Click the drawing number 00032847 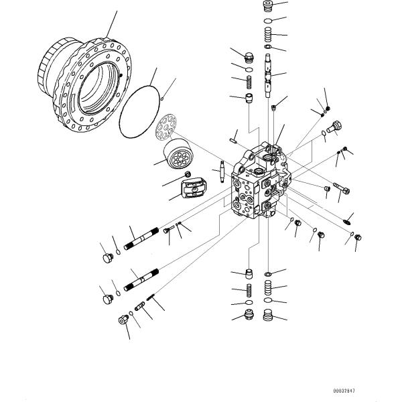click(x=344, y=391)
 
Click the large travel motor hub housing click(x=84, y=84)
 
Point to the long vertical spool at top click(x=267, y=75)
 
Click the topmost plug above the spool click(x=267, y=6)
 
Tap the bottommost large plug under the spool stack click(x=267, y=315)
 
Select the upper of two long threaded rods click(x=141, y=239)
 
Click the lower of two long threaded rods click(x=141, y=279)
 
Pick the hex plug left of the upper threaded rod click(x=108, y=258)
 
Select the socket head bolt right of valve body click(x=342, y=188)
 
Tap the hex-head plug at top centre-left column click(x=249, y=58)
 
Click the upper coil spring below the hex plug click(x=249, y=82)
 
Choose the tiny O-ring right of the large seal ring click(x=162, y=98)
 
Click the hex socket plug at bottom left click(x=123, y=320)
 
